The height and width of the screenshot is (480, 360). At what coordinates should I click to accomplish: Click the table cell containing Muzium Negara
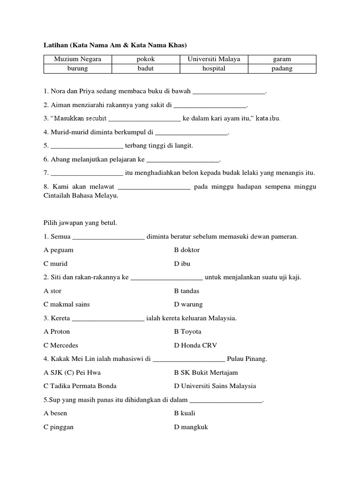(77, 59)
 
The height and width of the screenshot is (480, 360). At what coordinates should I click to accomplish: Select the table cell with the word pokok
(146, 59)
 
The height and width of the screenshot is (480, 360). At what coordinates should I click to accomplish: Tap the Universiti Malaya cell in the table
(214, 59)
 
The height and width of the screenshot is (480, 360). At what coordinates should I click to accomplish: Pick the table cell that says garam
(282, 59)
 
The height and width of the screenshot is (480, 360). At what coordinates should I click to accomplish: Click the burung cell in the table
(77, 68)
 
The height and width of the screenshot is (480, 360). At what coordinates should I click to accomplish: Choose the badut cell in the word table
(146, 68)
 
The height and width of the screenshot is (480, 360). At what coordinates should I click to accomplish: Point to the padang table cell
(282, 68)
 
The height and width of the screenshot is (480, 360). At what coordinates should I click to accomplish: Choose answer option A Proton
(57, 331)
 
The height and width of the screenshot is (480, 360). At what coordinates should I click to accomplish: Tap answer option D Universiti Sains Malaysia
(215, 386)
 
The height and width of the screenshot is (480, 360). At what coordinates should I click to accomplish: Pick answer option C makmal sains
(67, 304)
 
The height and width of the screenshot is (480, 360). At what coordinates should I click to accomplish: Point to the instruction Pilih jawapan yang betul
(80, 223)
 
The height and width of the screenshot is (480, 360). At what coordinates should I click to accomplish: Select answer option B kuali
(185, 413)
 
